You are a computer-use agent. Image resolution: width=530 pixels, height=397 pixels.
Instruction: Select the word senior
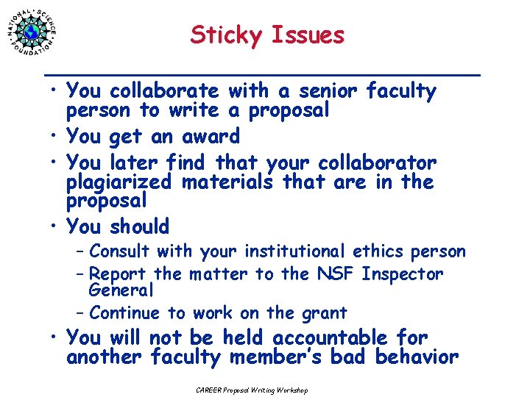coord(323,91)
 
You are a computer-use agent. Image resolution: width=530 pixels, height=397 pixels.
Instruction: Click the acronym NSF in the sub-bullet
coord(336,274)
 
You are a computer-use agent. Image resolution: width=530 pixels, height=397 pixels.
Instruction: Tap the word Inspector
coord(403,274)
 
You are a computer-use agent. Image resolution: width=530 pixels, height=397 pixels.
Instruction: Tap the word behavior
coord(417,358)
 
